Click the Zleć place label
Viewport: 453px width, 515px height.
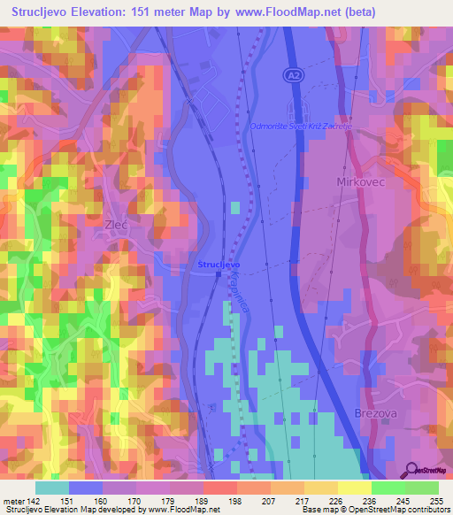(x=117, y=225)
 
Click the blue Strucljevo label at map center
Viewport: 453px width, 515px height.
(x=219, y=265)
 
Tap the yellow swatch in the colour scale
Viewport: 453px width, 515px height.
(x=353, y=488)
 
